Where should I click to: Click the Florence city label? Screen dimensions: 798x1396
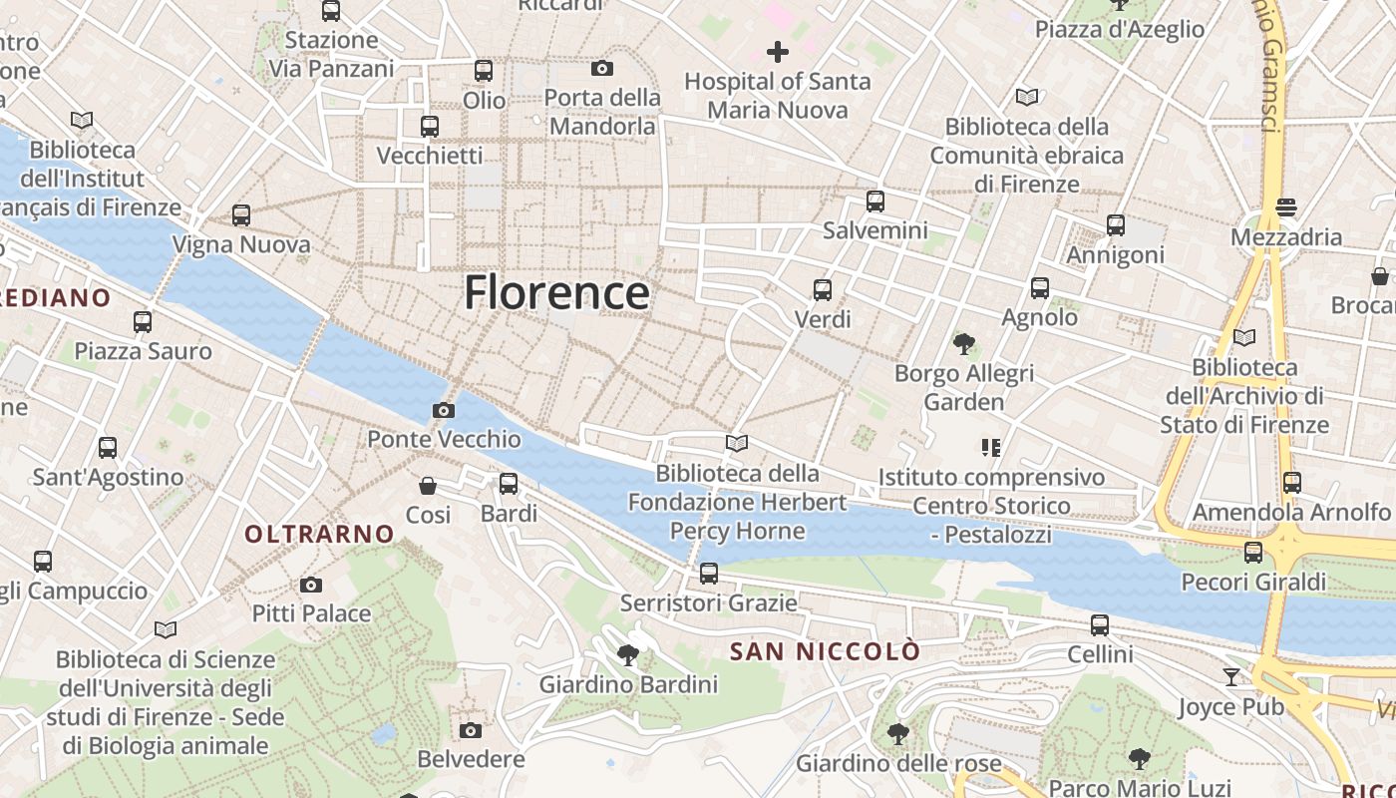556,292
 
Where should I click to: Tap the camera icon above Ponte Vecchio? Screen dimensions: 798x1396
444,410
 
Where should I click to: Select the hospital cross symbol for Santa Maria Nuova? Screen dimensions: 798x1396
778,52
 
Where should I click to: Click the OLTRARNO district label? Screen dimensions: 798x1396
320,534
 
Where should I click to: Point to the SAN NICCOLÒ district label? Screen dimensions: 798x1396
825,651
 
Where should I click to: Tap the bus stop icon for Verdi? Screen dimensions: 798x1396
823,290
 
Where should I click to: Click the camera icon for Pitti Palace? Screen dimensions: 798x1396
311,585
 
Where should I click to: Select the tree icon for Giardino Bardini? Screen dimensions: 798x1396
628,655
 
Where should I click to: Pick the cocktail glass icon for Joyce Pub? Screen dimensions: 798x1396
1232,677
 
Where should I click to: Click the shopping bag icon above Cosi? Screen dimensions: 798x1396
428,486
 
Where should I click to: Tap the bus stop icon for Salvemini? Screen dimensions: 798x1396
875,201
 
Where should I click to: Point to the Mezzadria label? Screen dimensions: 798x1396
1286,237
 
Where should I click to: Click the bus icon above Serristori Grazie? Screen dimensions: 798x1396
709,574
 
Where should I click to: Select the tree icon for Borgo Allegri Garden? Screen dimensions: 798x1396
963,345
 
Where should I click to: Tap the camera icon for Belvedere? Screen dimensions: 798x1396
471,730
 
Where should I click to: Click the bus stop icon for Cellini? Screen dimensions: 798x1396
1100,625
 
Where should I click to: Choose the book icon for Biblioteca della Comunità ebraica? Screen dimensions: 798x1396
1027,98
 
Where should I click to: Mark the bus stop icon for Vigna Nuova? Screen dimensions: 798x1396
241,215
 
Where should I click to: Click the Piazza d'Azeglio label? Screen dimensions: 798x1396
1120,29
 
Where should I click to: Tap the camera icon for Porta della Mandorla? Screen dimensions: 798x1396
602,69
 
